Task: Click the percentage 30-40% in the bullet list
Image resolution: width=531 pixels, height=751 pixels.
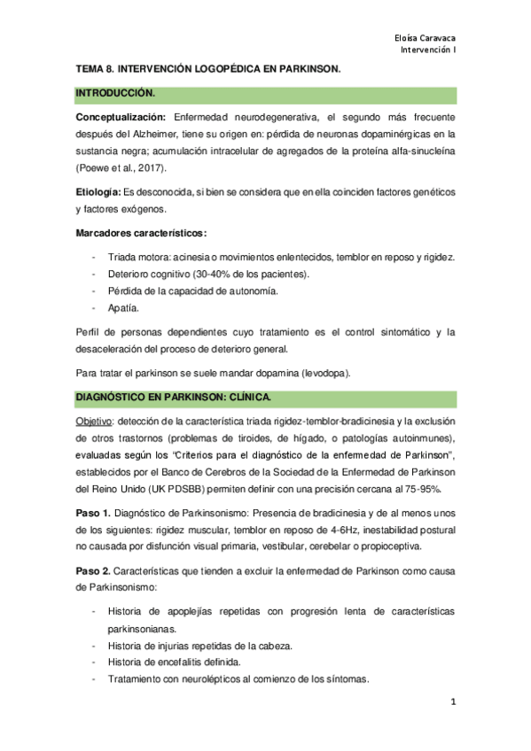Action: coord(212,275)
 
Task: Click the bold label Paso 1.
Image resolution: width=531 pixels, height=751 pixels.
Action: coord(94,513)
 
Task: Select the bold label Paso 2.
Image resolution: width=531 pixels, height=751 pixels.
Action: coord(94,570)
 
